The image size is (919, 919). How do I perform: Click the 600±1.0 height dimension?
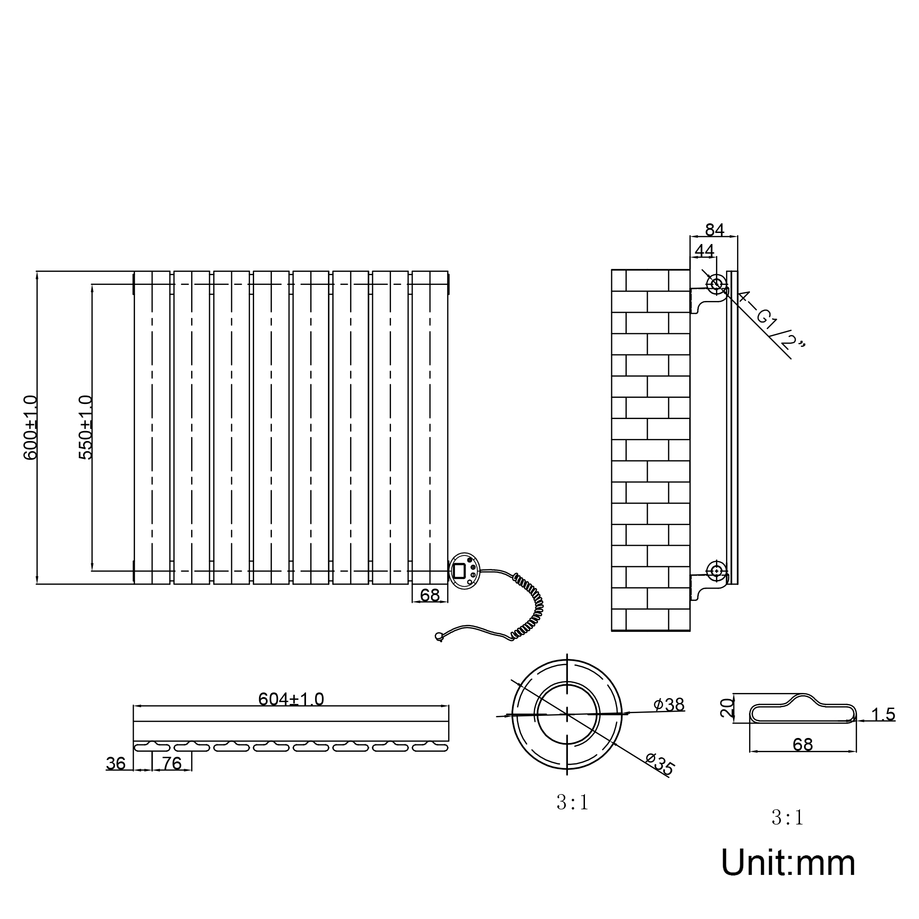[x=30, y=427]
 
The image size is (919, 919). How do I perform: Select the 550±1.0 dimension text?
[x=85, y=427]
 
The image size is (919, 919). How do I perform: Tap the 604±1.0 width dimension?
[x=291, y=699]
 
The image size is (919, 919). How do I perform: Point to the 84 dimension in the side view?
[x=715, y=230]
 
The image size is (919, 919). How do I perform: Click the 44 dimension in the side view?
[x=704, y=251]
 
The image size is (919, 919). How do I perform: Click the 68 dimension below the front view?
[x=430, y=595]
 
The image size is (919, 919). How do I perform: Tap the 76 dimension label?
[x=172, y=763]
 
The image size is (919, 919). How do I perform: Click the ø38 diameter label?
[x=669, y=704]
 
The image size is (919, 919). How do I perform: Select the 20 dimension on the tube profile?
[x=726, y=708]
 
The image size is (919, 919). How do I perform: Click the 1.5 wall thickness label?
[x=883, y=715]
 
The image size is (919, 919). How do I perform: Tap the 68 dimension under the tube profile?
[x=803, y=744]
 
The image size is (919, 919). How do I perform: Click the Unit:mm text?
[x=788, y=863]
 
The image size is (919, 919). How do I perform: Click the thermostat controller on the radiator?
[x=464, y=571]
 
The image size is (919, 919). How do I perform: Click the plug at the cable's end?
[x=439, y=636]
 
